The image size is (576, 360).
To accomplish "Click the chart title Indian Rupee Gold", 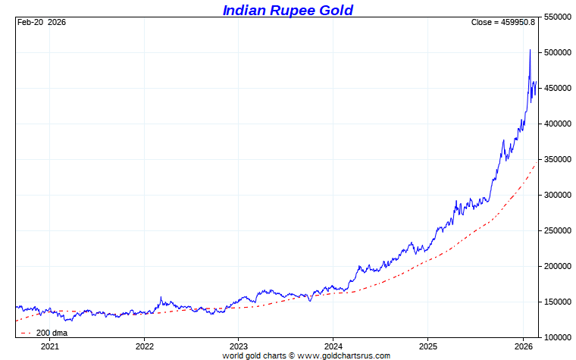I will coord(287,10).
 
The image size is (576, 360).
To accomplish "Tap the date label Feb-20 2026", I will coord(42,22).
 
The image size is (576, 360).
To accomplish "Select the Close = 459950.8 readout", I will coord(502,22).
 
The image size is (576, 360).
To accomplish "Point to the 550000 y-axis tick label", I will coord(557,17).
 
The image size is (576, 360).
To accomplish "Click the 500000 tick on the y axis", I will coord(557,52).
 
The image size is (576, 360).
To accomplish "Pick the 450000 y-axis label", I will coord(557,88).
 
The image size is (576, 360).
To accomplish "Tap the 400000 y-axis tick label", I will coord(557,124).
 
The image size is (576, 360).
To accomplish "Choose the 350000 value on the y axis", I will coord(557,159).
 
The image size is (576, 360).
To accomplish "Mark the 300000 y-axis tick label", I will coord(557,195).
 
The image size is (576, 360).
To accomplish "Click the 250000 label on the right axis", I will coord(557,230).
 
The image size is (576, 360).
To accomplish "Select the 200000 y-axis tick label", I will coord(557,266).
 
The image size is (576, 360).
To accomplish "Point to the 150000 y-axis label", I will coord(557,302).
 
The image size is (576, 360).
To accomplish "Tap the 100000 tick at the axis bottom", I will coord(557,337).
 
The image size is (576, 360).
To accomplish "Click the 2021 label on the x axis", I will coord(49,346).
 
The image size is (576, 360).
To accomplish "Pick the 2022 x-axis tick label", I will coord(144,346).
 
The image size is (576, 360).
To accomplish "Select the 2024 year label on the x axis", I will coord(333,346).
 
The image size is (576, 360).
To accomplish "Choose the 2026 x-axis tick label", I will coord(524,346).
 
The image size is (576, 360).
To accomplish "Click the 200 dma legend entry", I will coord(51,333).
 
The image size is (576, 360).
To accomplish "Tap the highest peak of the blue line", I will coord(529,50).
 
